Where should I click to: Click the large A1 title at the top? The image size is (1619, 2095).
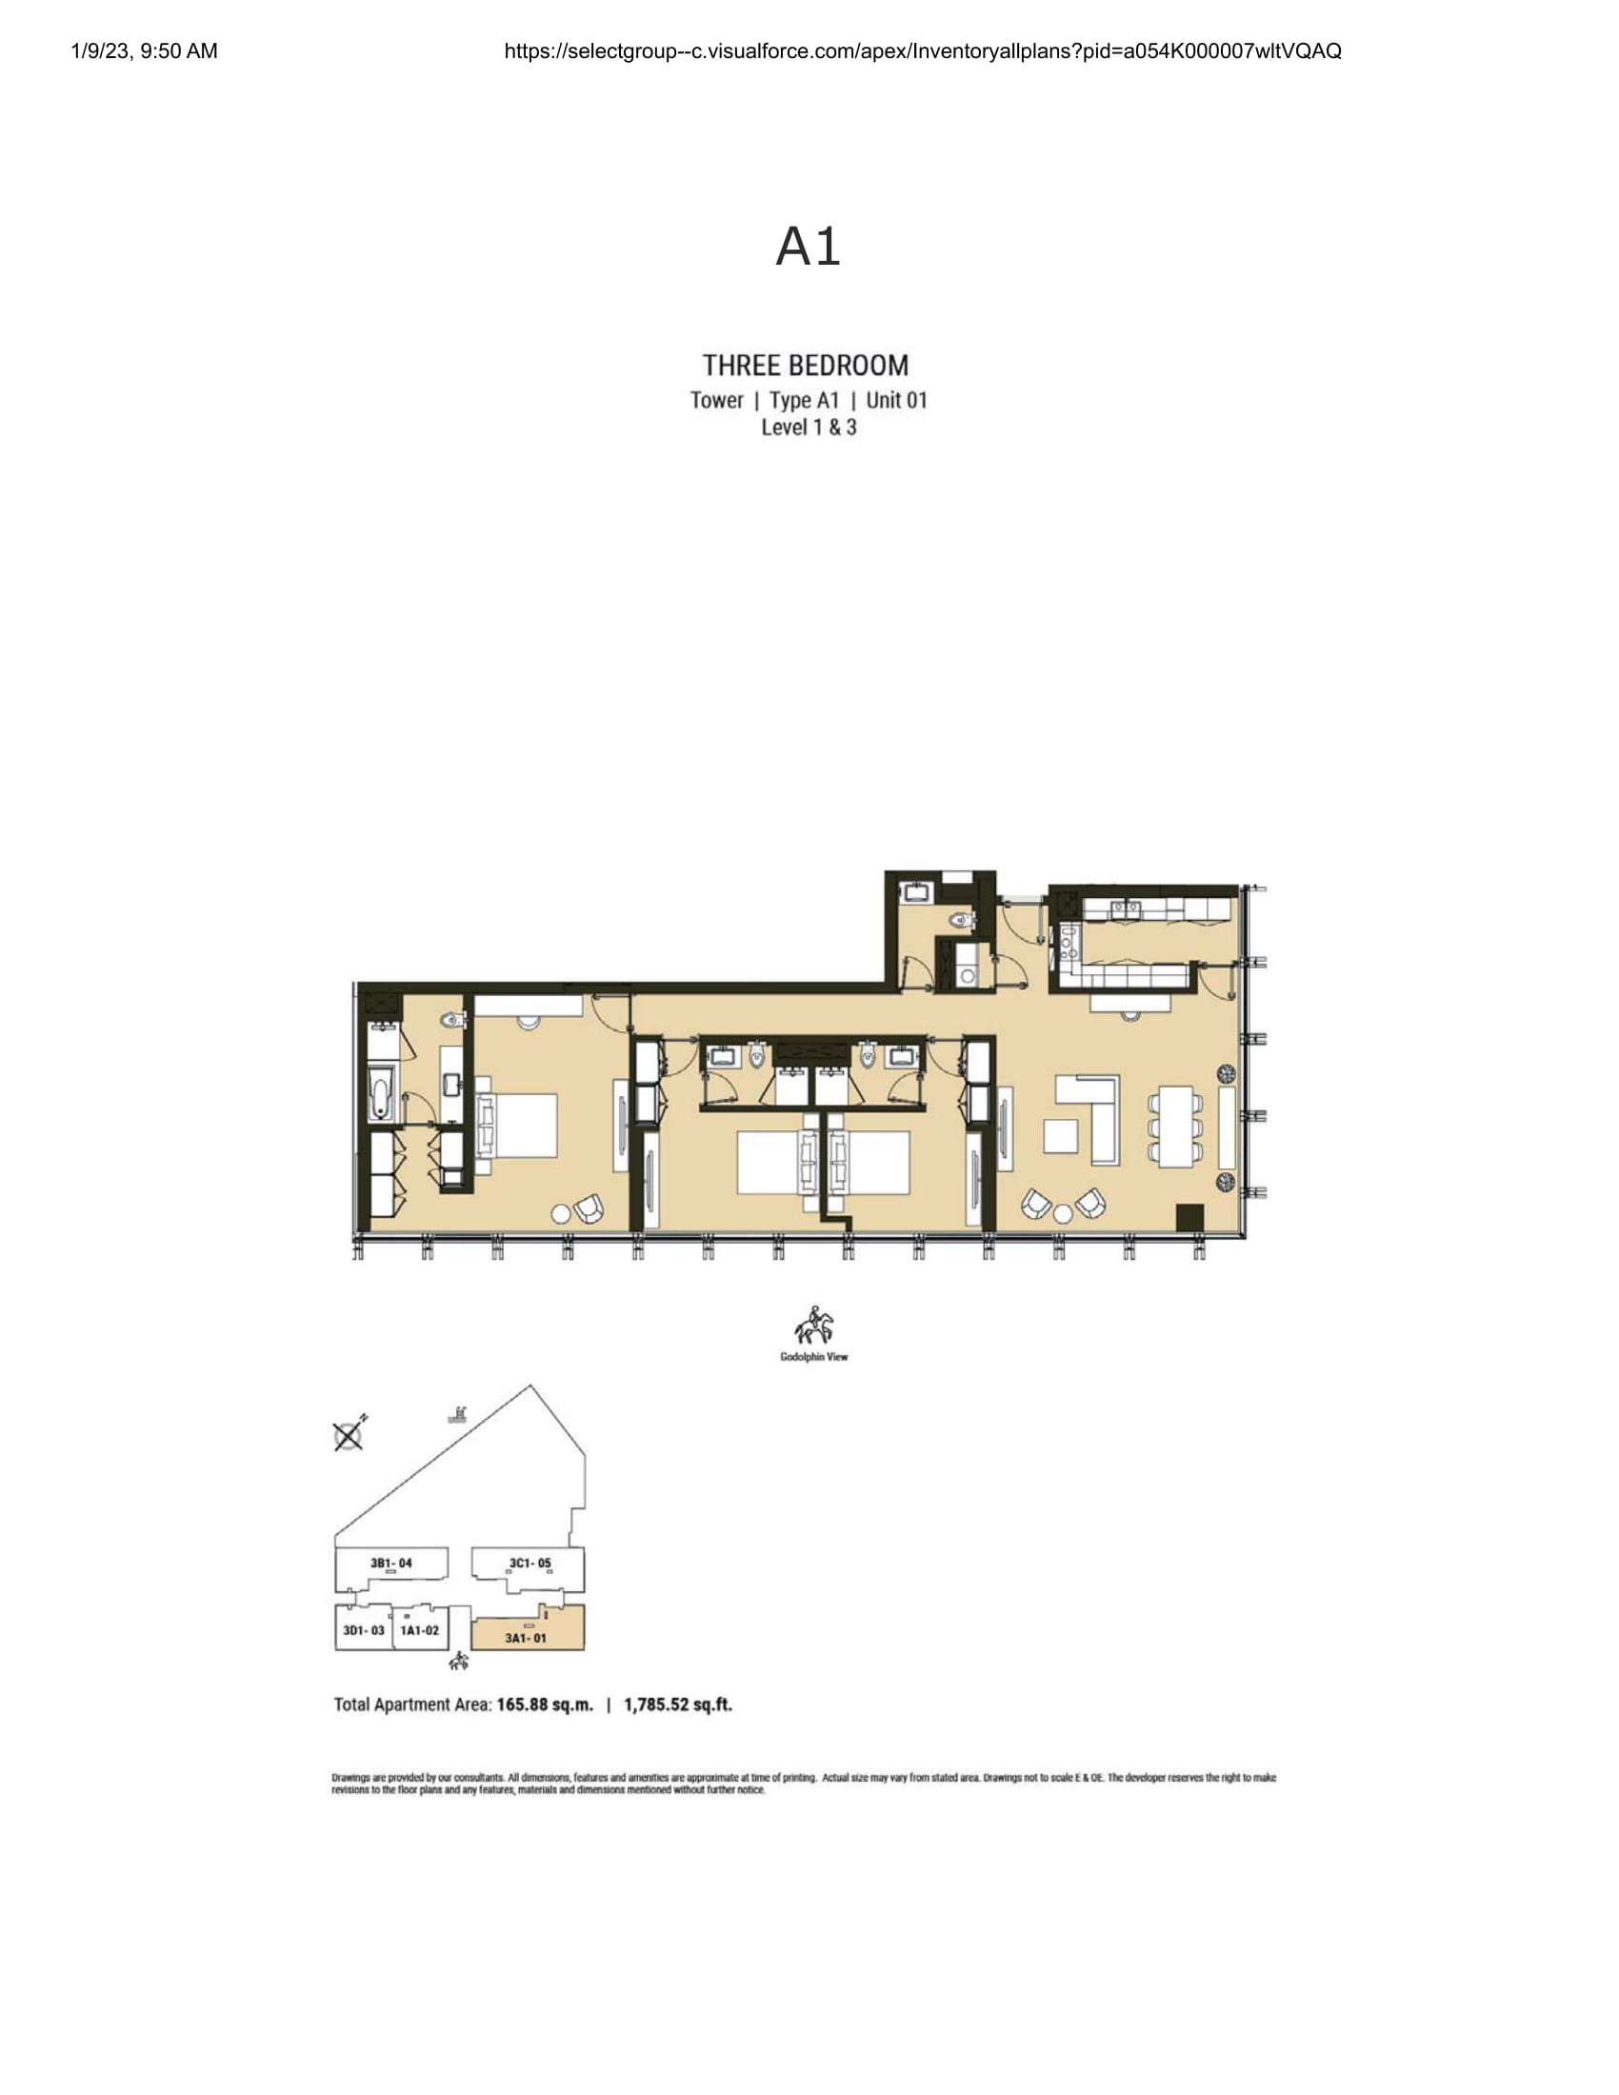point(809,247)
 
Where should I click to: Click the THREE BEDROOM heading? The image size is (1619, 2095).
point(806,366)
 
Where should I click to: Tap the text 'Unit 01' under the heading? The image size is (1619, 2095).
point(897,400)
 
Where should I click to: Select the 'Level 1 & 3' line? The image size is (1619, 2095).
point(809,428)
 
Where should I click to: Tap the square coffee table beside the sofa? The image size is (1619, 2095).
point(1061,1136)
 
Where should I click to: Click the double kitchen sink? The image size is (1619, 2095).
point(1125,908)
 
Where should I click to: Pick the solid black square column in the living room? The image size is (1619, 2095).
point(1189,1217)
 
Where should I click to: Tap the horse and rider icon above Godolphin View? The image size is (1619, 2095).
point(813,1327)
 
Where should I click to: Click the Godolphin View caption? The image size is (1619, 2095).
point(813,1356)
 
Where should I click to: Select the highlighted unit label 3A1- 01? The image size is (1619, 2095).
point(526,1638)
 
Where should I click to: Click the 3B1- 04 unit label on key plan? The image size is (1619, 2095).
point(391,1563)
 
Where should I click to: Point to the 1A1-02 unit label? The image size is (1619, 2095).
point(419,1629)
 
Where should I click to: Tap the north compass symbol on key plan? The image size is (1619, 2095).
point(350,1434)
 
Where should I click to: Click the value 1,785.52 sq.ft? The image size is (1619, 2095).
point(678,1705)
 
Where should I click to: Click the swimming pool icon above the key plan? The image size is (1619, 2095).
point(461,1414)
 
